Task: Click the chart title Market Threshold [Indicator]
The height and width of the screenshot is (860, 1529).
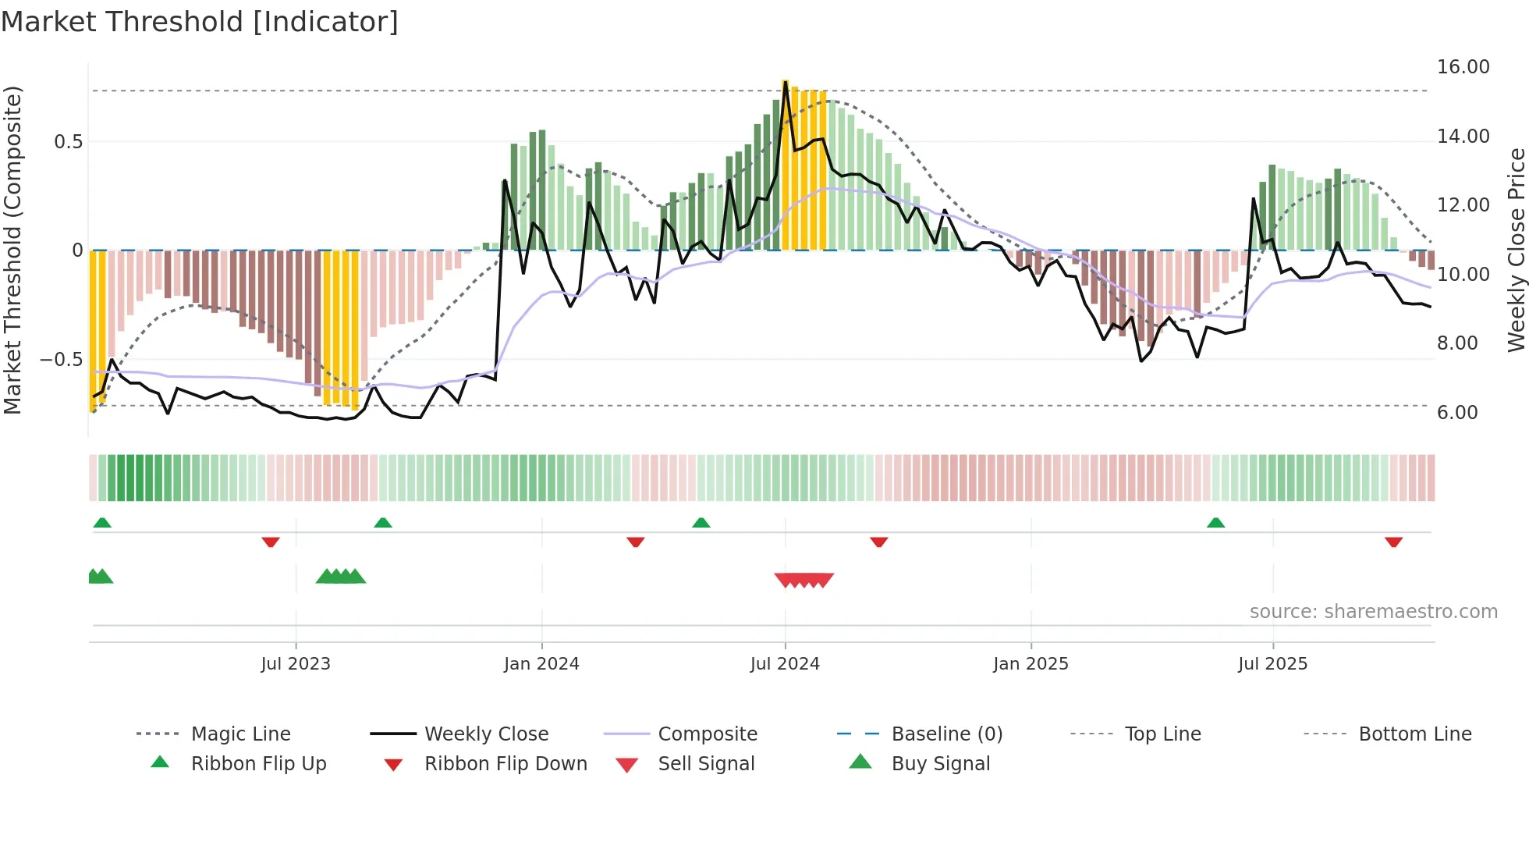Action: pos(200,22)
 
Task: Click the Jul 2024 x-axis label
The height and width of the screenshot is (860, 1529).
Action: pos(785,663)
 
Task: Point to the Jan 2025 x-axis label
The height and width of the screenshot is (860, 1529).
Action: pos(1031,663)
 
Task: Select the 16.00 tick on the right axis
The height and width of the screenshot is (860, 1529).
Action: pos(1463,67)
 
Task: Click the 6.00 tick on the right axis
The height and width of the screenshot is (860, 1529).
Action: pos(1457,412)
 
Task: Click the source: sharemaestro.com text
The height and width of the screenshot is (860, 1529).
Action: pos(1373,611)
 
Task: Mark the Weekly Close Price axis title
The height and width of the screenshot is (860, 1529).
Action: pos(1516,250)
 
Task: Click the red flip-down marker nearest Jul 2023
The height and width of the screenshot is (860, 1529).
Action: pos(271,542)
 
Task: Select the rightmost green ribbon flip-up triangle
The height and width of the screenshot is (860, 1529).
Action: pos(1215,522)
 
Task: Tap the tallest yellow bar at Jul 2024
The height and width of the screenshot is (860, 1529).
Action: pos(786,164)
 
